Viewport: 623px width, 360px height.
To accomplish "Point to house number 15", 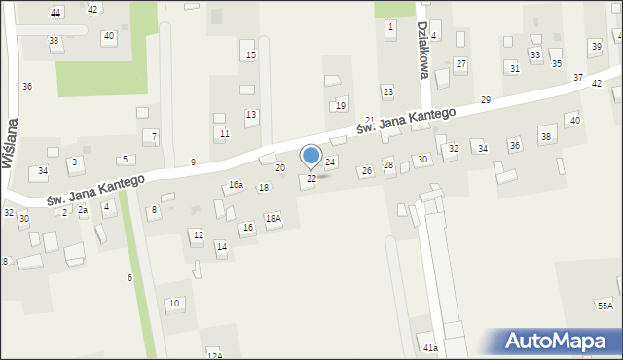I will pos(250,54).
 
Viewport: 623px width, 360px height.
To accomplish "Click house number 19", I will pos(340,105).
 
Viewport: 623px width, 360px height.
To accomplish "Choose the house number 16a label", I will pos(235,184).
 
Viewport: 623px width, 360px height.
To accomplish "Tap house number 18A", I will pos(274,219).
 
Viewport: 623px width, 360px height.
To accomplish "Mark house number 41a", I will pos(429,347).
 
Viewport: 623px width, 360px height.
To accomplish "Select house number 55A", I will pos(605,306).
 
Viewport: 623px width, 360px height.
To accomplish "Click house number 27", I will pos(461,64).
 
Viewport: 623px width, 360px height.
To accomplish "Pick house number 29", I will pos(486,100).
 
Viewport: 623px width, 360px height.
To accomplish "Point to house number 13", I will pos(251,115).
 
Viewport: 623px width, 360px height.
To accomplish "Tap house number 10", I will pos(174,304).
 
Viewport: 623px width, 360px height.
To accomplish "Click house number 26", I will pos(367,171).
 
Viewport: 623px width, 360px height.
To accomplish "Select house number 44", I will pos(55,13).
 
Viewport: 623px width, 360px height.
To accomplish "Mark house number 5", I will pos(124,159).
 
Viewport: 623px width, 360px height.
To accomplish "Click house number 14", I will pos(222,247).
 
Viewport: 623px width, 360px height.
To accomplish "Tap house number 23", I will pos(387,91).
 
